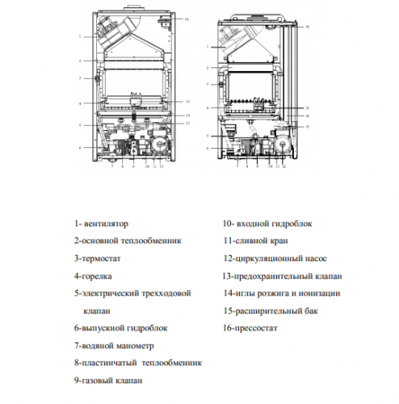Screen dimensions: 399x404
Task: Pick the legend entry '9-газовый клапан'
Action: (108, 381)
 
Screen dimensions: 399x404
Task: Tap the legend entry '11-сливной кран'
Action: (258, 240)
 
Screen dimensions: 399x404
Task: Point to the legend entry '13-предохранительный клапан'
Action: (285, 276)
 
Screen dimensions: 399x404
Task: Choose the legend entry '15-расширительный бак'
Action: (273, 310)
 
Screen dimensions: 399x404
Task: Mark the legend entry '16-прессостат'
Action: (254, 328)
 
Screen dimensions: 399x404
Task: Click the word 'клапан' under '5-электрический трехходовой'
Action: (96, 310)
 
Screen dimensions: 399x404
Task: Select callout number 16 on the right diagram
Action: (307, 27)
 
